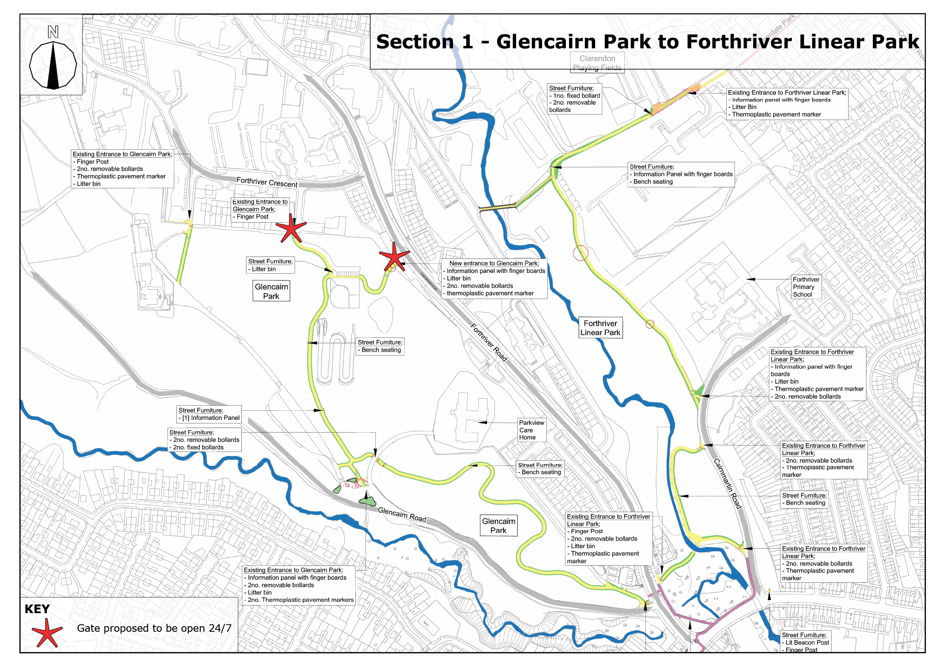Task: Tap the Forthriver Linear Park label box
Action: (x=600, y=328)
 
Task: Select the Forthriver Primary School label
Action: (x=806, y=287)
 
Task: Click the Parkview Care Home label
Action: (x=531, y=430)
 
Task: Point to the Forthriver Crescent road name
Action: (x=267, y=182)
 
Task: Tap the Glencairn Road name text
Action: (x=402, y=515)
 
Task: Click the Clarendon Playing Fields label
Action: (x=597, y=63)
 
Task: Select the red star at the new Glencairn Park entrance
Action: (x=394, y=257)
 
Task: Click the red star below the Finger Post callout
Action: (x=291, y=228)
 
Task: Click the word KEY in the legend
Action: (x=37, y=609)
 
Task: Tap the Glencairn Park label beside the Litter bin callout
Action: (x=271, y=291)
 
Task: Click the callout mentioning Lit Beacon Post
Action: (x=805, y=642)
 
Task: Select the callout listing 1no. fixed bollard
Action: (x=575, y=99)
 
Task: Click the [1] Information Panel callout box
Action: (x=209, y=414)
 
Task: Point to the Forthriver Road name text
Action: (x=489, y=343)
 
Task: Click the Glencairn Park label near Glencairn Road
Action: (x=498, y=526)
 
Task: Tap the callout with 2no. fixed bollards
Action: (x=204, y=440)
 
